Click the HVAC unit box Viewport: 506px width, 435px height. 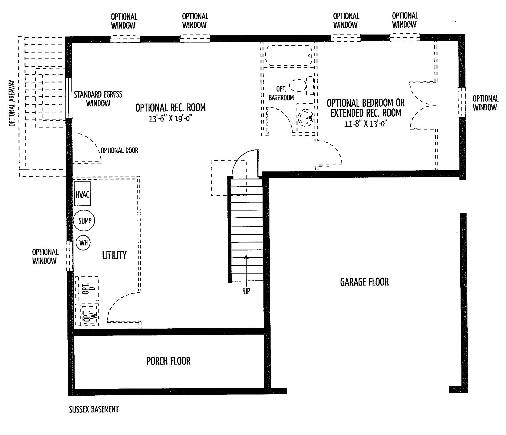[x=82, y=194]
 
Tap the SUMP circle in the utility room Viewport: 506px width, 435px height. [x=84, y=220]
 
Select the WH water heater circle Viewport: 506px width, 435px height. [x=83, y=243]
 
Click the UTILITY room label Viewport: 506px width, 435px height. [x=114, y=255]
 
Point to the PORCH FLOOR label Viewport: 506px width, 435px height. [x=168, y=361]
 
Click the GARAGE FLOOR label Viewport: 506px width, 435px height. [x=364, y=282]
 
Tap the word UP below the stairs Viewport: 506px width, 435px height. [x=247, y=291]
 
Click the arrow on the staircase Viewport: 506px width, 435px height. [x=246, y=269]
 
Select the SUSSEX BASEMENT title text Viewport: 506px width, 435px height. [x=94, y=410]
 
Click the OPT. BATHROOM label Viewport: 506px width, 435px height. [x=281, y=94]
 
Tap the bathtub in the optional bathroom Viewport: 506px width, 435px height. [x=289, y=56]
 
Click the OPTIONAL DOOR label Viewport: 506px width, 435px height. [x=119, y=150]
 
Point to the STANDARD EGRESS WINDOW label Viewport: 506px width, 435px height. [x=98, y=99]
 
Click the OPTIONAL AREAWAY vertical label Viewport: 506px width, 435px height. [x=12, y=103]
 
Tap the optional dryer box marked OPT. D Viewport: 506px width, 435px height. [x=87, y=288]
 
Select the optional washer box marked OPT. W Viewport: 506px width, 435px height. [x=87, y=315]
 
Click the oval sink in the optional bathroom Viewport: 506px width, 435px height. [x=298, y=85]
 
